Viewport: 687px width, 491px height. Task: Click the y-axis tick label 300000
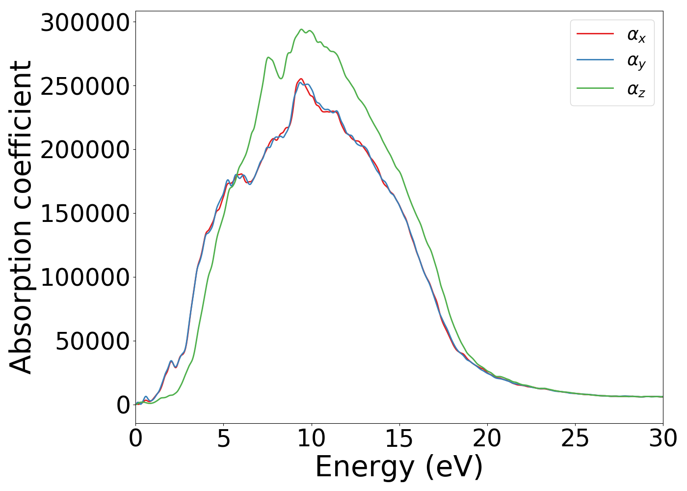coord(84,23)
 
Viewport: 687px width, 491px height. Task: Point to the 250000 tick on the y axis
coord(84,86)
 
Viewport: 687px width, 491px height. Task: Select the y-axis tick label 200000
coord(84,150)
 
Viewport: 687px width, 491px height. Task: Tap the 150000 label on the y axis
coord(84,214)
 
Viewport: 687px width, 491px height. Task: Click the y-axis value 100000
coord(84,277)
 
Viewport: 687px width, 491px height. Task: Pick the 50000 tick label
coord(92,341)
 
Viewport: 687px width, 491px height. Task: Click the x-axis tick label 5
coord(223,438)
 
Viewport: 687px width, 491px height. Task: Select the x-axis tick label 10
coord(311,438)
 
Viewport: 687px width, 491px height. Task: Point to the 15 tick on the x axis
coord(399,438)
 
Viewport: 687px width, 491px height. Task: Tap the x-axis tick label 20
coord(487,438)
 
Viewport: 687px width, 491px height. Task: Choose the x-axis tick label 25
coord(575,438)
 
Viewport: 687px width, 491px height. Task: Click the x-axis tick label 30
coord(662,438)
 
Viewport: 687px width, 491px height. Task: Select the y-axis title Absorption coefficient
coord(21,217)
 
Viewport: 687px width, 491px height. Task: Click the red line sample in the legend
coord(595,34)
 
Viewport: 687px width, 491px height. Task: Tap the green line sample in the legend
coord(595,88)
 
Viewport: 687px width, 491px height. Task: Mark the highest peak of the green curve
coord(301,29)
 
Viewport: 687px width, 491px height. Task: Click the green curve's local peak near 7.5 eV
coord(268,57)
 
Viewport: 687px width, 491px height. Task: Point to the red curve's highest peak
coord(301,79)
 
